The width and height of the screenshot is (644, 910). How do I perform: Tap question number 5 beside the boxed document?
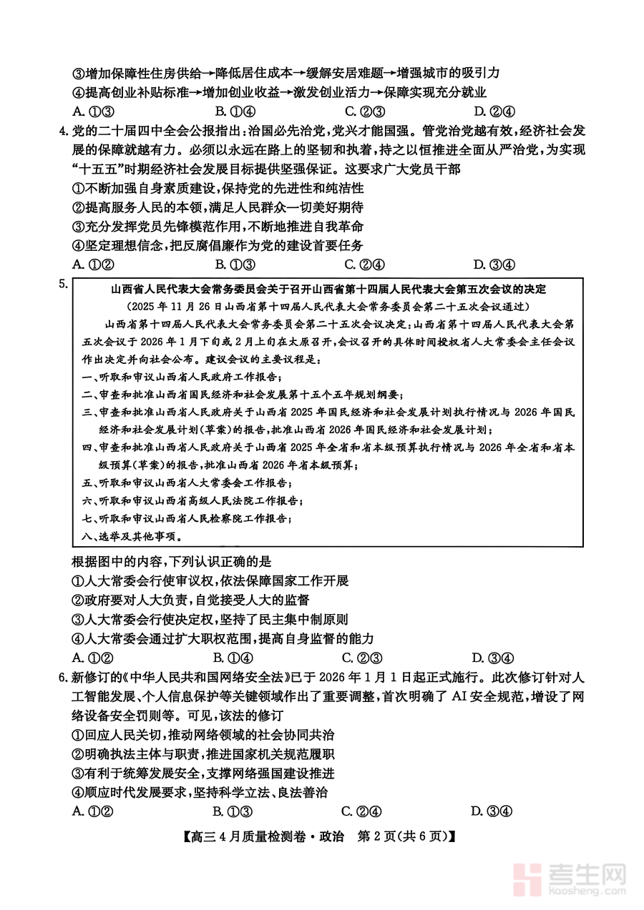point(65,285)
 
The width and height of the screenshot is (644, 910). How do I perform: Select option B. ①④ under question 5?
point(233,658)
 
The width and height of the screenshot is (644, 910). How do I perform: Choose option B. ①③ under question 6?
point(233,811)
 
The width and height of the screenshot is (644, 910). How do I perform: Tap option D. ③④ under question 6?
point(491,811)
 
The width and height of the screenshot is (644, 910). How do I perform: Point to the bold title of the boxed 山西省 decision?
point(328,290)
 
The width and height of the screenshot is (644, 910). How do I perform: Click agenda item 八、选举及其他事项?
point(123,536)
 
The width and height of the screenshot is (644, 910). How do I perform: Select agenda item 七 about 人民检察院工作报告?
point(187,518)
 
